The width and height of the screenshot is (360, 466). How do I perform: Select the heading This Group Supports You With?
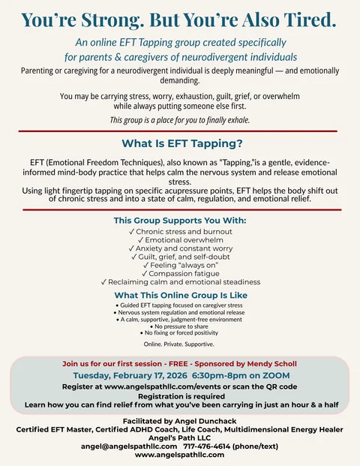tap(180, 221)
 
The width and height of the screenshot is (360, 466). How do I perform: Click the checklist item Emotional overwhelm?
tap(180, 240)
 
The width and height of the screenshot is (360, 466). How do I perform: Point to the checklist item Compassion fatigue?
tap(180, 273)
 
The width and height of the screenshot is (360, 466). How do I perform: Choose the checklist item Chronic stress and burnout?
tap(180, 232)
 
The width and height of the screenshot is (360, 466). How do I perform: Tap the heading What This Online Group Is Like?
tap(180, 295)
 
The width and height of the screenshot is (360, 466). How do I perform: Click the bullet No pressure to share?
tap(180, 326)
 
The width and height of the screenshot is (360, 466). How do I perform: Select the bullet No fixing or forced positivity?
tap(180, 333)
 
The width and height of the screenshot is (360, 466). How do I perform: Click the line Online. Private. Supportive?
tap(180, 344)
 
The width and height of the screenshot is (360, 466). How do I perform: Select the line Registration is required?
tap(180, 395)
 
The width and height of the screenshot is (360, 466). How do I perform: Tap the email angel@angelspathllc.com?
tap(128, 446)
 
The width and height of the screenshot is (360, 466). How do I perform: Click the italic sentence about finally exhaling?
tap(180, 120)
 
